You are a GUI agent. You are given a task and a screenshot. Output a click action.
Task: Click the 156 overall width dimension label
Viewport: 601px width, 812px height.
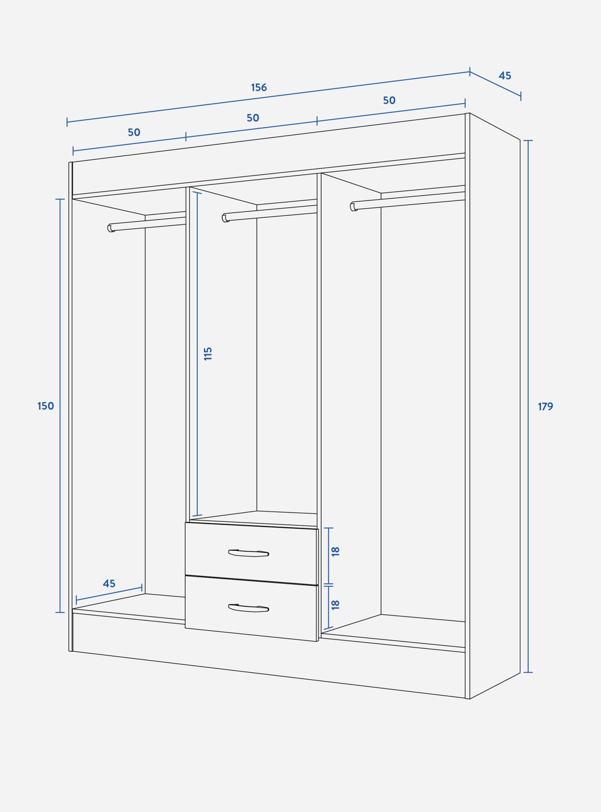[259, 87]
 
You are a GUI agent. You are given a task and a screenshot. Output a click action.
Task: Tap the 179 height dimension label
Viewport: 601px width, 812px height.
[545, 406]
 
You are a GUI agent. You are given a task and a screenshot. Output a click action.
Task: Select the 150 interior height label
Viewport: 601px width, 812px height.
[46, 406]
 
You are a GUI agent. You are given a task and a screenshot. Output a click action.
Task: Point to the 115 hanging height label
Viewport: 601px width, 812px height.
[208, 353]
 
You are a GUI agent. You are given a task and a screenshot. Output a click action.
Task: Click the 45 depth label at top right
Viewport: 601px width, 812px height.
[505, 76]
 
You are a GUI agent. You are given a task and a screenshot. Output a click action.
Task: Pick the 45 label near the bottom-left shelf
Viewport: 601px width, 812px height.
[109, 583]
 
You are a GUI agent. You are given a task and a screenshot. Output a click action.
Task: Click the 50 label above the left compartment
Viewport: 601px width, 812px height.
[134, 132]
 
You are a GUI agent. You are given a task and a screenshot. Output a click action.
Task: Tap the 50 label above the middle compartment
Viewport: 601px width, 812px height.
[253, 118]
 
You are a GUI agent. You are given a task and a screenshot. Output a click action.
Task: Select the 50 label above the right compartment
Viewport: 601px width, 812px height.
[389, 100]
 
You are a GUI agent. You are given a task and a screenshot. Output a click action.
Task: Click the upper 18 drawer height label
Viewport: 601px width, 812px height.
[336, 551]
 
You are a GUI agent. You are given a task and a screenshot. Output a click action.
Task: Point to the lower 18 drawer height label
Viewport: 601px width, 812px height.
[336, 605]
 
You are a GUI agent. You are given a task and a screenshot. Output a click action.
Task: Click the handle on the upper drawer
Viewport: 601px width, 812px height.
[249, 553]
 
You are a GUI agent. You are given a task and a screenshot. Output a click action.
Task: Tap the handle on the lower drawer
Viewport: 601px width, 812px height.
[249, 608]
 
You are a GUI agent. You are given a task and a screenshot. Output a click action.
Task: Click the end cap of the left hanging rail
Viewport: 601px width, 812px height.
[111, 228]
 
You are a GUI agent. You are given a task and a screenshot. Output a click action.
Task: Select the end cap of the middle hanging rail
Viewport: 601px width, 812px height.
[225, 218]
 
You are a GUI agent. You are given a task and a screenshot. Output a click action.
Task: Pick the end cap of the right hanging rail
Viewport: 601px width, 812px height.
[353, 207]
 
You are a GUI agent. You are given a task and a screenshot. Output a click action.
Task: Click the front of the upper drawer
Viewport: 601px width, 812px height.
[251, 554]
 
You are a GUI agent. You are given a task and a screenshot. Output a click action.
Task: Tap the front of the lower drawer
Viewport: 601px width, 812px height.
[251, 608]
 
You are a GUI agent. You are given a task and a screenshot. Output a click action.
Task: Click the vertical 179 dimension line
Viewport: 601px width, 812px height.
[528, 407]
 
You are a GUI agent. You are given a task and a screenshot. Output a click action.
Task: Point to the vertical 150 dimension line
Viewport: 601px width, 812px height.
[60, 406]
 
